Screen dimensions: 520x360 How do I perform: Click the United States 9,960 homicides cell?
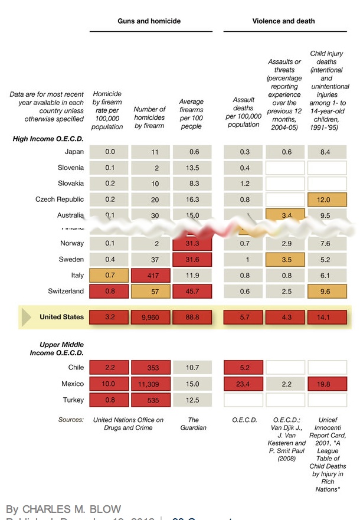(x=150, y=317)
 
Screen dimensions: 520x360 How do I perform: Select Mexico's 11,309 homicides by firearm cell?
(x=150, y=384)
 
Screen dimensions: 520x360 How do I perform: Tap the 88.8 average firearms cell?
(x=192, y=317)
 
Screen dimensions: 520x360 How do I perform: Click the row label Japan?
(x=74, y=152)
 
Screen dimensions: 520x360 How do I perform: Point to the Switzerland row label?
(x=66, y=291)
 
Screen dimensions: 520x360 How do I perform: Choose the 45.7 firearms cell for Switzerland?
(x=192, y=291)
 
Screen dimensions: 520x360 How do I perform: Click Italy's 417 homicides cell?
(x=150, y=275)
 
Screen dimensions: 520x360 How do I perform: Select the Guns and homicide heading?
(x=149, y=21)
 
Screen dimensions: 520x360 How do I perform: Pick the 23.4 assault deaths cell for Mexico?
(x=243, y=384)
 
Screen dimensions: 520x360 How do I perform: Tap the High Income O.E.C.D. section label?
(x=48, y=139)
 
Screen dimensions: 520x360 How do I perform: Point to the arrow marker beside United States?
(x=27, y=317)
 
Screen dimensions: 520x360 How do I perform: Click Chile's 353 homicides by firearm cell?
(x=150, y=367)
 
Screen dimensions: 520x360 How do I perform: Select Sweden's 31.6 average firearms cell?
(x=192, y=259)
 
